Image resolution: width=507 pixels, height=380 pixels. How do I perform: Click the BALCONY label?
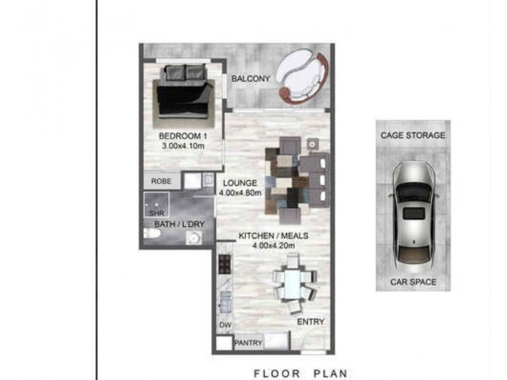(x=250, y=79)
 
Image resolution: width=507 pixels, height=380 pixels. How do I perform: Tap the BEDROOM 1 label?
(x=183, y=136)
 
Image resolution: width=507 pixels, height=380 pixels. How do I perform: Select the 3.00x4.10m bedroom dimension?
(x=183, y=146)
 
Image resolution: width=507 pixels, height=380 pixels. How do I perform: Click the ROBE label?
(x=162, y=181)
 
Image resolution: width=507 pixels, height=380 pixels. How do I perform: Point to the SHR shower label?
(x=157, y=213)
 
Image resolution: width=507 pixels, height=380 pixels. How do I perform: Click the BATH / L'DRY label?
(x=179, y=224)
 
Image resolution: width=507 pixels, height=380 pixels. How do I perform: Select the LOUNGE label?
(x=240, y=183)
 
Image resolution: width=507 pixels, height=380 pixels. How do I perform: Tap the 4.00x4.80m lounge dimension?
(x=240, y=193)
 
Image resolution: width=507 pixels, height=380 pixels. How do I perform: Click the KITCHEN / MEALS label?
(x=273, y=236)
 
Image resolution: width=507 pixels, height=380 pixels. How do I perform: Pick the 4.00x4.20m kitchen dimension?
(x=274, y=246)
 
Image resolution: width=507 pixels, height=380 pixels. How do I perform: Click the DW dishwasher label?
(x=226, y=325)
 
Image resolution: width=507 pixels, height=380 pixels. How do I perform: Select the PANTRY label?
(x=248, y=343)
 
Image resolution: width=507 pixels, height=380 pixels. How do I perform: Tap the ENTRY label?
(x=311, y=322)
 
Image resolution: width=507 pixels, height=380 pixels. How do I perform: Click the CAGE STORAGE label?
(x=413, y=135)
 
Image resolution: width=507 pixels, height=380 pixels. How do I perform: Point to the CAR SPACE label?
(x=413, y=282)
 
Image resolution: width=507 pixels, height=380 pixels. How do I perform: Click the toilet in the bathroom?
(x=151, y=233)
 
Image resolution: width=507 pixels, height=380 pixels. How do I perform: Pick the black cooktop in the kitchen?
(x=225, y=264)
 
